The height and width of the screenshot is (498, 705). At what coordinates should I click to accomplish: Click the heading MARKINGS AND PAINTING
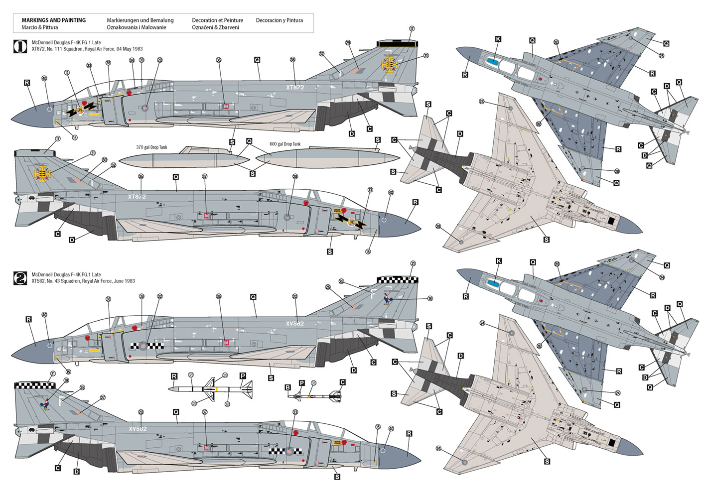[53, 20]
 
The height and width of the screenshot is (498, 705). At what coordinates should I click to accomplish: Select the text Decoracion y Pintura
[279, 20]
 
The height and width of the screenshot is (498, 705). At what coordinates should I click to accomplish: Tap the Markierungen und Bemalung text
[140, 20]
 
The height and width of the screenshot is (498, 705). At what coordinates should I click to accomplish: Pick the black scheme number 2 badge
[20, 277]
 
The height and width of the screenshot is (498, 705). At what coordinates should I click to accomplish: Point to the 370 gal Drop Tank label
[151, 147]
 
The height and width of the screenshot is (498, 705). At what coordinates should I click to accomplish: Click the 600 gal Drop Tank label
[285, 144]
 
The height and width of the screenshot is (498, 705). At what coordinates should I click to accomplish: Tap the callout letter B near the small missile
[287, 387]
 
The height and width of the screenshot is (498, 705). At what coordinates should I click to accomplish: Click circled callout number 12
[67, 73]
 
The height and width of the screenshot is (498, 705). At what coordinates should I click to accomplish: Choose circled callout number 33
[89, 65]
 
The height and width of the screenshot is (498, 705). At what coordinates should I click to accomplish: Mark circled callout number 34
[132, 61]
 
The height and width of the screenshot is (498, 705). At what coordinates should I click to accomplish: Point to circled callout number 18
[429, 299]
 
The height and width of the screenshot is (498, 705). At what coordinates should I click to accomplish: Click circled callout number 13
[370, 190]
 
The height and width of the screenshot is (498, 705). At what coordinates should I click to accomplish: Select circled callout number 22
[160, 296]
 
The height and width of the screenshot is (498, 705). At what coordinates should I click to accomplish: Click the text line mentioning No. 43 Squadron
[83, 281]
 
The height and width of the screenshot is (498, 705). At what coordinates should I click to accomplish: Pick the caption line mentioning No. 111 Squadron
[87, 49]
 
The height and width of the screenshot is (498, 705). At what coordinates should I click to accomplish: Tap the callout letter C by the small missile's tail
[342, 382]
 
